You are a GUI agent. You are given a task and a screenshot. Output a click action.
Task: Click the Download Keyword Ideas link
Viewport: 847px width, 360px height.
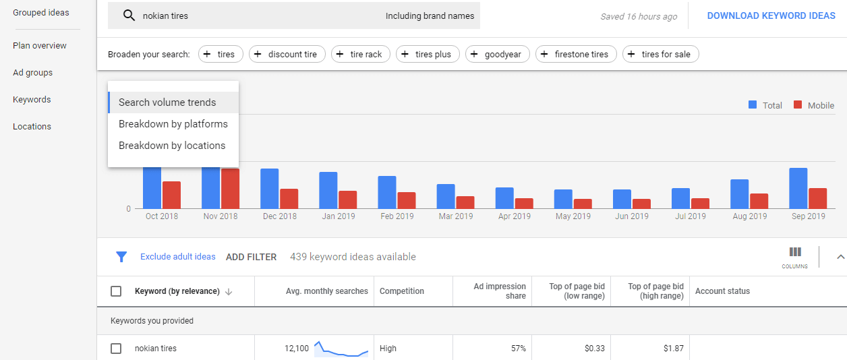(771, 16)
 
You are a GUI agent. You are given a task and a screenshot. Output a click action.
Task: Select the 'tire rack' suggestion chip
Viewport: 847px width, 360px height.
(361, 55)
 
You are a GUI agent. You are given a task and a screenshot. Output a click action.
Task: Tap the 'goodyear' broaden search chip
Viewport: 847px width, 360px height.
(497, 55)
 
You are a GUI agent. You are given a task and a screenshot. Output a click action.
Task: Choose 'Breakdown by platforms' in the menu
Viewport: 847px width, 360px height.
(173, 124)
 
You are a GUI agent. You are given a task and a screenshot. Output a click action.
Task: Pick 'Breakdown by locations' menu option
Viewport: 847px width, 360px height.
(172, 146)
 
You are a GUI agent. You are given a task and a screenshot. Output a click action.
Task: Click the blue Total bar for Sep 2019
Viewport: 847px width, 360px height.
(798, 188)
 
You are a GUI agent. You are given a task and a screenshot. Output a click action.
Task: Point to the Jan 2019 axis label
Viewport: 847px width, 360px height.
(338, 216)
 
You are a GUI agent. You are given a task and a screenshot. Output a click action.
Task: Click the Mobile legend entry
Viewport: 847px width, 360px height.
(814, 105)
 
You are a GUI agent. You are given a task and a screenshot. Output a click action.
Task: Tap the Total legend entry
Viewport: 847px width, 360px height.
(765, 105)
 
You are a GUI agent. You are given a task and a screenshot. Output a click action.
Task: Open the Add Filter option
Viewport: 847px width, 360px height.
(251, 257)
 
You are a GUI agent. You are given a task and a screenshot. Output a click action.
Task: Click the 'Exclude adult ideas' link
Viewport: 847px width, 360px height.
(177, 257)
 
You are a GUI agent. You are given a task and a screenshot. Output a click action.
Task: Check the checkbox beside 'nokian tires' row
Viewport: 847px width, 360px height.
(116, 349)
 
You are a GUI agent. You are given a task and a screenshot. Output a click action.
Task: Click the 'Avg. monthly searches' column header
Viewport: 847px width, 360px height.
(326, 291)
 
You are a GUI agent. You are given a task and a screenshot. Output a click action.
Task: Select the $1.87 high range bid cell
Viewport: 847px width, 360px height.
(672, 349)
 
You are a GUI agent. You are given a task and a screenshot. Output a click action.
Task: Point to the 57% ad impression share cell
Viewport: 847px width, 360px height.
(518, 349)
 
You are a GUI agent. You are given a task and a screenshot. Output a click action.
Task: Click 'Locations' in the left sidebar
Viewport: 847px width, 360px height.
(32, 127)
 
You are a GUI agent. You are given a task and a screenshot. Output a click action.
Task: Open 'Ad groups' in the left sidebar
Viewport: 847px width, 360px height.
(32, 73)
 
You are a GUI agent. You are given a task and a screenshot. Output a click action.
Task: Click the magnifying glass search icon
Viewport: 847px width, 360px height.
(129, 16)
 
